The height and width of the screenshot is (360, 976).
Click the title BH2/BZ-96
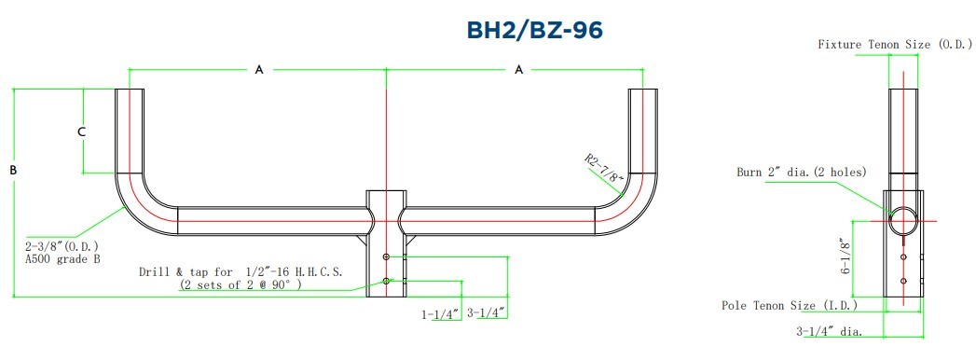pyautogui.click(x=535, y=30)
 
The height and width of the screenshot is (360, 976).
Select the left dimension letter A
pyautogui.click(x=259, y=70)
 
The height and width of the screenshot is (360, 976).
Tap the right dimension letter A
pyautogui.click(x=519, y=70)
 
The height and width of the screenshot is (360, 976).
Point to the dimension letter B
pyautogui.click(x=13, y=170)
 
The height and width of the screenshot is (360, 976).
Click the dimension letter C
pyautogui.click(x=81, y=132)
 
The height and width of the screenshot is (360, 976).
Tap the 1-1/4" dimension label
pyautogui.click(x=441, y=314)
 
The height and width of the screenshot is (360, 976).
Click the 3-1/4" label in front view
pyautogui.click(x=486, y=312)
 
